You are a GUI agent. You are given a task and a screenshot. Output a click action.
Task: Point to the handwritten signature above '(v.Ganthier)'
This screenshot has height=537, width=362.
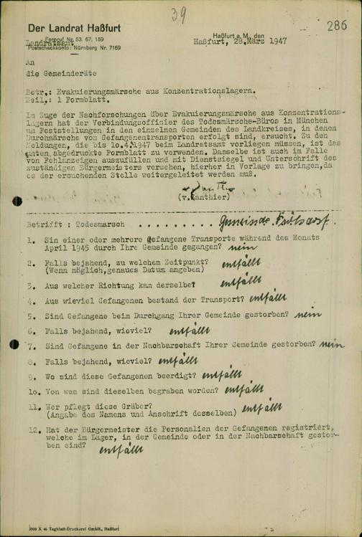pyautogui.click(x=195, y=184)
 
